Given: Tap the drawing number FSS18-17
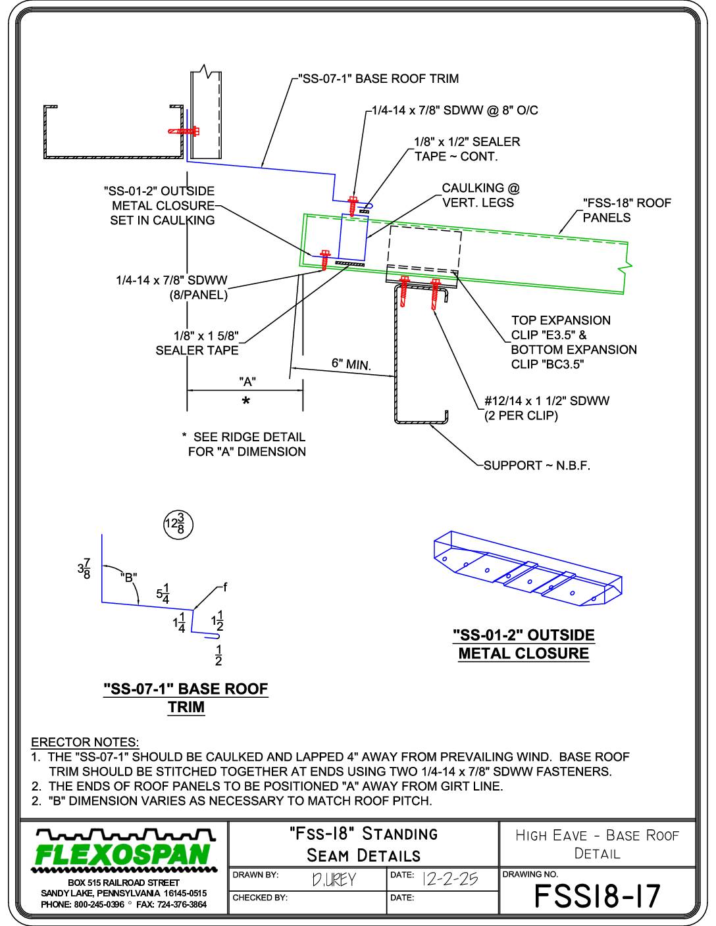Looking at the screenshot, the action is point(597,896).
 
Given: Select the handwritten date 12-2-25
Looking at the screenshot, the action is point(450,879).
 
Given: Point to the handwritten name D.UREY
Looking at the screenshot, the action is point(334,880).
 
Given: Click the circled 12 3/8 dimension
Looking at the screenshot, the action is point(178,525).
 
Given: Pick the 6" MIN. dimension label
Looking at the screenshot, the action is point(351,364).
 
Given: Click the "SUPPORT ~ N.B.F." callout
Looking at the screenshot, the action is point(537,466).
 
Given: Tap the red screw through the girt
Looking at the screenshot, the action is point(185,131).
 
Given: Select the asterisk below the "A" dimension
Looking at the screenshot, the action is point(245,401).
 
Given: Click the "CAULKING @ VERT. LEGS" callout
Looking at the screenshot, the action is point(480,195).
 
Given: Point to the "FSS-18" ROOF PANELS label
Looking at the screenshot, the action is point(627,210).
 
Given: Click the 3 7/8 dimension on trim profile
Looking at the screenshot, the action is point(84,569).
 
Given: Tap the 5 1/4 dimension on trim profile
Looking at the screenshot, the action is point(163,594).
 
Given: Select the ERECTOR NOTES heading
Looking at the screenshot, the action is point(85,742).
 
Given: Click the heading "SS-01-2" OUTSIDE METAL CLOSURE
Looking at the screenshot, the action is point(524,644).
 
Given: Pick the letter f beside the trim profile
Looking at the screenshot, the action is point(225,587).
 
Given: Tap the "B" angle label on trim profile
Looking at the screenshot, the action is point(129,578).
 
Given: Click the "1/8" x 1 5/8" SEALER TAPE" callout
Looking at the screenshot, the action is point(197,343).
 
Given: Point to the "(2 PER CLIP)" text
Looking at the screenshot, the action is point(521,416).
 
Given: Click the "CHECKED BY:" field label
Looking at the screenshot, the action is point(260,898).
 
